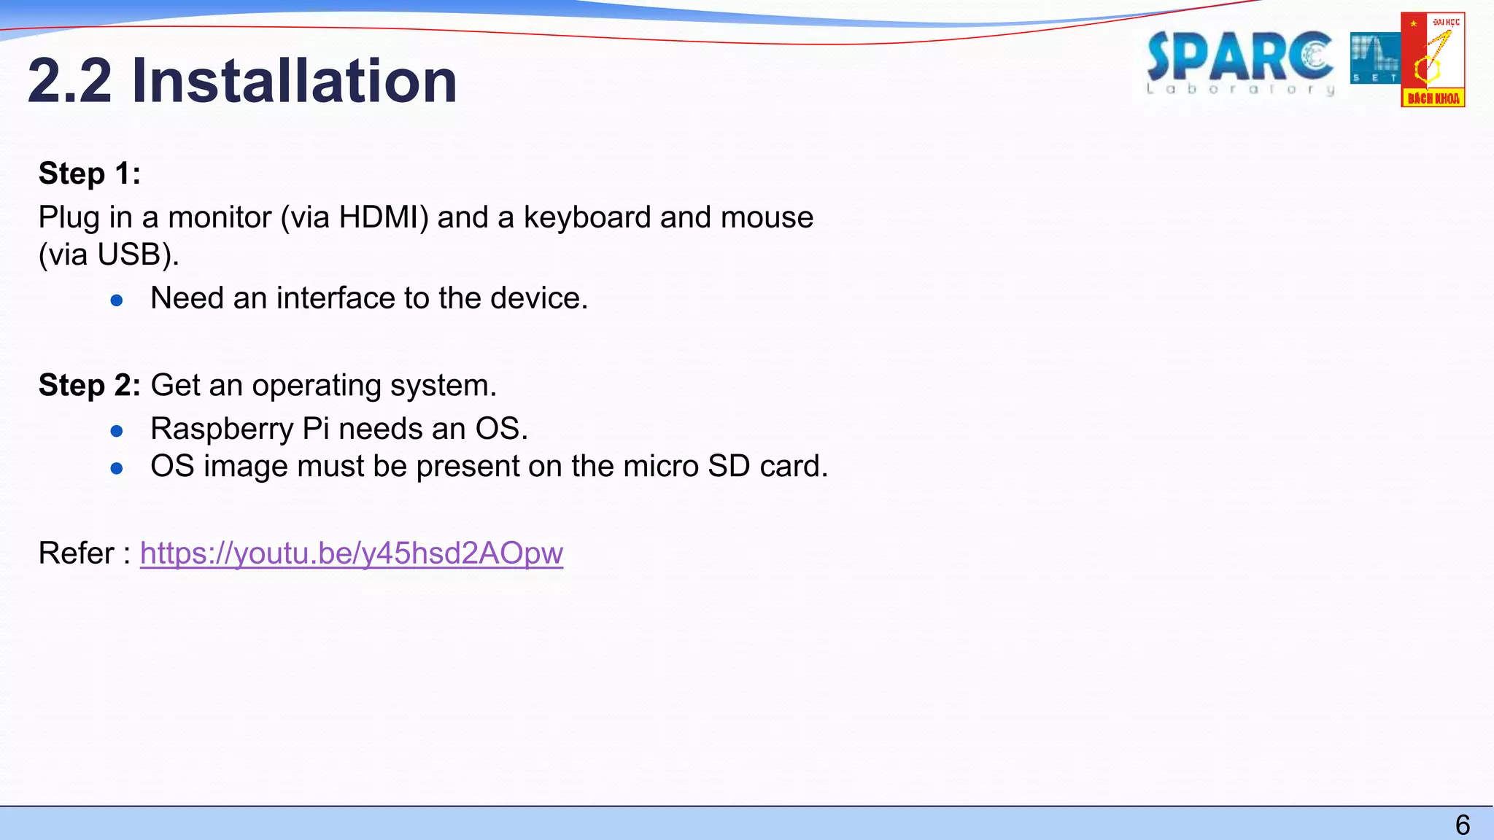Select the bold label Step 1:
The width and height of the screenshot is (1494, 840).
click(x=89, y=174)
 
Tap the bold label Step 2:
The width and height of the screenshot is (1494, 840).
click(x=89, y=385)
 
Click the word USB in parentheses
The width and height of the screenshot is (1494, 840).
click(x=128, y=254)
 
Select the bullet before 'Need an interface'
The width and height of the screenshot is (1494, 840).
click(x=117, y=300)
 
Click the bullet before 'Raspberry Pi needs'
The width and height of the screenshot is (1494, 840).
click(x=117, y=431)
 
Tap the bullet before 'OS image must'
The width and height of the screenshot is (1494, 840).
click(x=117, y=468)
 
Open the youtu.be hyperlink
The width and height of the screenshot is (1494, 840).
click(x=351, y=553)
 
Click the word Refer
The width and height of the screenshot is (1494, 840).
click(x=77, y=553)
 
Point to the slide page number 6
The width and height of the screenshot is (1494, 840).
click(x=1462, y=825)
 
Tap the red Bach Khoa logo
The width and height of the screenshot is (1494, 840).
click(x=1433, y=60)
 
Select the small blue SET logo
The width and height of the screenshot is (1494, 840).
click(x=1374, y=58)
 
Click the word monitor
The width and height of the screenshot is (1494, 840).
click(x=220, y=217)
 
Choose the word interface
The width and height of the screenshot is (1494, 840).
click(x=335, y=298)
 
